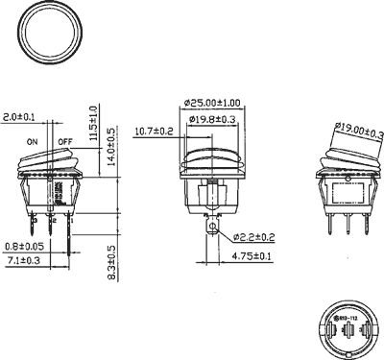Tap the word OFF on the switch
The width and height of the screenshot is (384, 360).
coord(65,141)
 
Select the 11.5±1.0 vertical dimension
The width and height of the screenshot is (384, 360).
coord(93,120)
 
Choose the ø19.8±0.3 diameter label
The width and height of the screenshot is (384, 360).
coord(213,119)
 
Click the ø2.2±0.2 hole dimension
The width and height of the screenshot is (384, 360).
coord(255,237)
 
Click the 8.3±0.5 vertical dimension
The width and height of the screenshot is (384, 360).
coord(111,262)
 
